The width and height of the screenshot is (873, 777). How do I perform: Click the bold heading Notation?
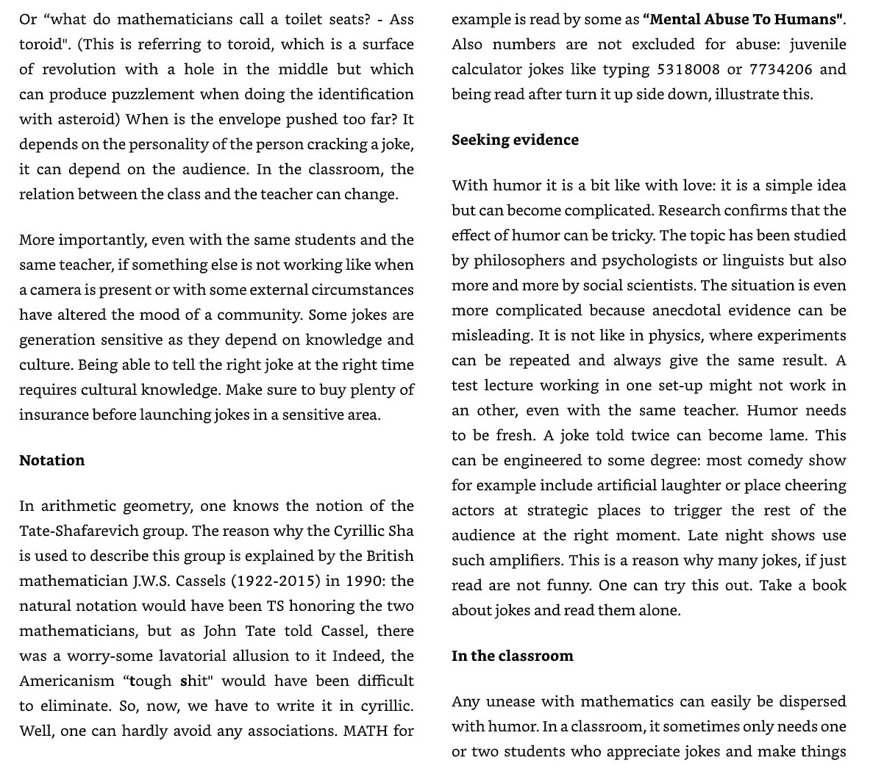[51, 460]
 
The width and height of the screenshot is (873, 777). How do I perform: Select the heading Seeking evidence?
[515, 140]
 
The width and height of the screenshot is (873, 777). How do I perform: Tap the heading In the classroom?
[512, 656]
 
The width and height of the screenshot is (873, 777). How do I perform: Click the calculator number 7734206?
[780, 69]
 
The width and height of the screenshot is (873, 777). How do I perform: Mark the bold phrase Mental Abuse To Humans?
[743, 19]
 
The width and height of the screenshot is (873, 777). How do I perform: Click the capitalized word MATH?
[366, 731]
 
